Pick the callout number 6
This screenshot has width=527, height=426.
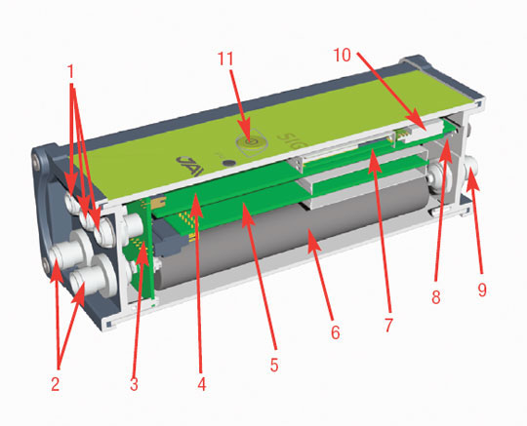335,331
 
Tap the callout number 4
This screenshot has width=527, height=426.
201,383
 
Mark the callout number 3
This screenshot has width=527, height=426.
135,383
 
